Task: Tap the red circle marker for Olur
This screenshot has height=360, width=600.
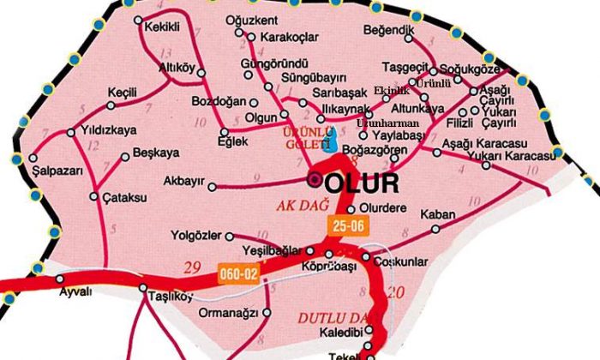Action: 315,180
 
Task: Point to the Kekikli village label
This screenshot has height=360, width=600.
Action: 163,27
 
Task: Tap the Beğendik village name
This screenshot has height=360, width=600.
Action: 390,31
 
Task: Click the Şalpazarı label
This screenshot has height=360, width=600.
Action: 57,171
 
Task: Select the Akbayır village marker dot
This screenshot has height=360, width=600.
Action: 210,185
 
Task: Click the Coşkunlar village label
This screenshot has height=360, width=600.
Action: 399,259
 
